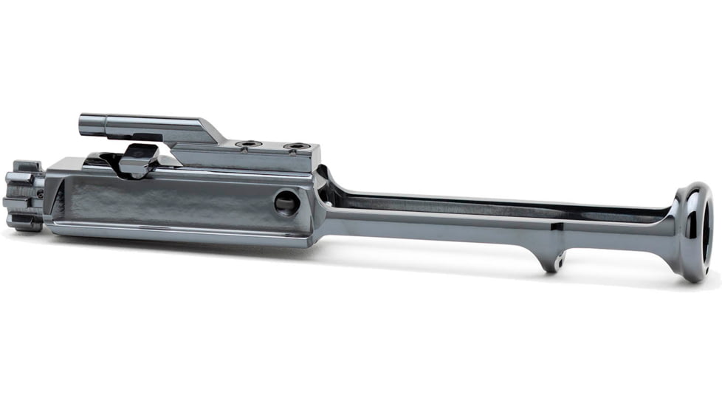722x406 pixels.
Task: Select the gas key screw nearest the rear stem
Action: pyautogui.click(x=295, y=146)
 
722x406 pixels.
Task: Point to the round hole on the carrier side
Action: pyautogui.click(x=287, y=202)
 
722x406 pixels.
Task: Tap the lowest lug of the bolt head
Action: pyautogui.click(x=24, y=221)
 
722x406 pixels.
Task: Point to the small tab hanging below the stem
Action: pyautogui.click(x=549, y=258)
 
